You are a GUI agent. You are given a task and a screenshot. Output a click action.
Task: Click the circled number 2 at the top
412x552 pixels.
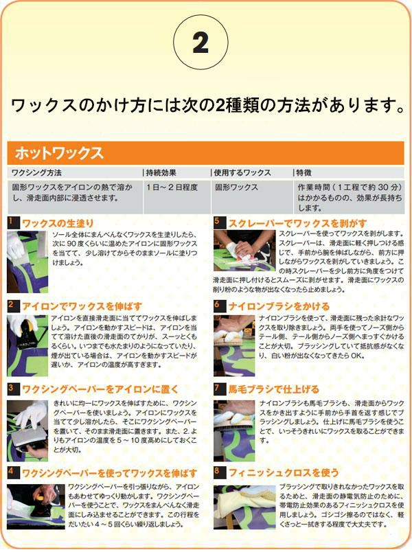tap(201, 43)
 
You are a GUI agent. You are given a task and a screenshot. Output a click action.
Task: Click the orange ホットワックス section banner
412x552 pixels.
tap(205, 153)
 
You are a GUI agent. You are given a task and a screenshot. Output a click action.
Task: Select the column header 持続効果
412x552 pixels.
tap(161, 172)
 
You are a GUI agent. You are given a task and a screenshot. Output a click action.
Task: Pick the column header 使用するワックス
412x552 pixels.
tap(242, 172)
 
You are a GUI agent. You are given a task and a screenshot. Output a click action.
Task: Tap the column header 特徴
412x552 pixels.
tap(304, 172)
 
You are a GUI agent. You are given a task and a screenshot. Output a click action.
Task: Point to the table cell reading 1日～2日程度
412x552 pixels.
tap(172, 187)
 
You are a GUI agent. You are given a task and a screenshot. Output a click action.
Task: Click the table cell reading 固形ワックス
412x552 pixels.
tap(236, 187)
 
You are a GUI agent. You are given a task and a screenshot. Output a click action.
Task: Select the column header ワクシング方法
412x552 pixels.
tap(36, 172)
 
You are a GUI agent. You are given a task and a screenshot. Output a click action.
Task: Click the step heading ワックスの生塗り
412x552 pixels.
tap(58, 223)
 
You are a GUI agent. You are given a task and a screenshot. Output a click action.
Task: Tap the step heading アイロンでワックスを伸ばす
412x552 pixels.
tap(82, 306)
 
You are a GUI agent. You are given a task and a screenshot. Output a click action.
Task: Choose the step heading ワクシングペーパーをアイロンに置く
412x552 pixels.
tap(100, 389)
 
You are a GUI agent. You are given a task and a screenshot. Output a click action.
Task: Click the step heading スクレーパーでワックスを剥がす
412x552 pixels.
tap(297, 223)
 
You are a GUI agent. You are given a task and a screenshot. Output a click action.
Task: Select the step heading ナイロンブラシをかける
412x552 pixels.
tap(279, 306)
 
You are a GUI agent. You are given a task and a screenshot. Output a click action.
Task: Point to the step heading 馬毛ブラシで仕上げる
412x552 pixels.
tap(273, 389)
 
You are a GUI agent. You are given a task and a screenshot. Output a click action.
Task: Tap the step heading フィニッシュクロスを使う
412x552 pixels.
tap(284, 472)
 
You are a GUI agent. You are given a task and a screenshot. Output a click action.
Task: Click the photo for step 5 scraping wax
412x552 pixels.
tap(244, 251)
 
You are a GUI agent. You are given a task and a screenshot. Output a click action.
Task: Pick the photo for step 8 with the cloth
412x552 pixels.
tap(244, 507)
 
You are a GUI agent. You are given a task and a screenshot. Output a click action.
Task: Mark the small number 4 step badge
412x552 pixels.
tap(11, 472)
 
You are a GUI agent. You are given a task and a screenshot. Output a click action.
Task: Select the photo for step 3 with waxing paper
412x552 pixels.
tap(27, 430)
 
